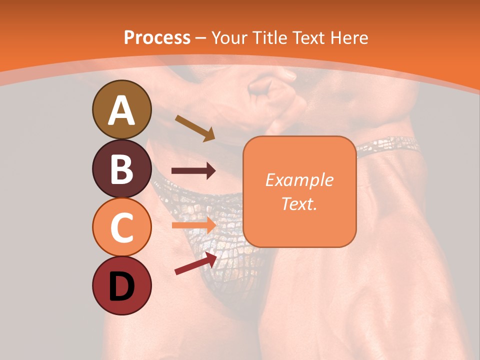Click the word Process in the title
click(157, 37)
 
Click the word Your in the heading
click(229, 37)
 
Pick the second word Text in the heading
click(308, 37)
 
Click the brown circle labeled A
click(121, 109)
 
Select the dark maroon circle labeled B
click(121, 168)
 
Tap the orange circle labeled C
click(121, 227)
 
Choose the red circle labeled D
click(121, 286)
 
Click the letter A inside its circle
click(121, 110)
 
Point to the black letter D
click(121, 286)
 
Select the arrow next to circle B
click(193, 171)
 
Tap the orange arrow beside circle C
click(193, 225)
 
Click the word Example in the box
click(299, 180)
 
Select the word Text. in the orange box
click(299, 203)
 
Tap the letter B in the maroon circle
click(121, 169)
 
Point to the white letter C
click(121, 228)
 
